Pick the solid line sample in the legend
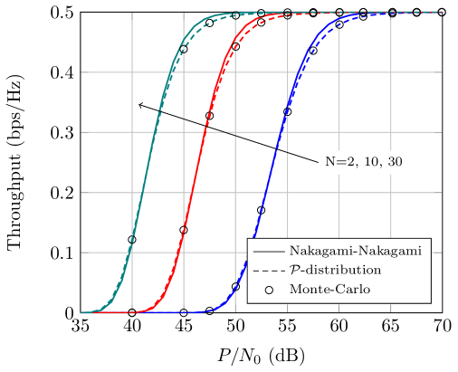(269, 251)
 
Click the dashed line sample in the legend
(269, 270)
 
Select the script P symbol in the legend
(294, 270)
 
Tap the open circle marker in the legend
(269, 290)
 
